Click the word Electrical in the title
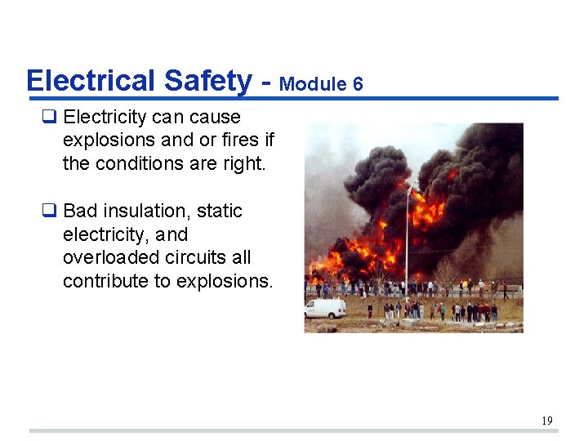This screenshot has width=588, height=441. coord(91,81)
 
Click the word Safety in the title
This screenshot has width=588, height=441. coord(208,81)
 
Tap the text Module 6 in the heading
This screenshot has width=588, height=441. coord(321,84)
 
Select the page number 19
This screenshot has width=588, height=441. coord(546,421)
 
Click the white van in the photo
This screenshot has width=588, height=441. coord(325,308)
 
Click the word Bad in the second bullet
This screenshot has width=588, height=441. coord(79,211)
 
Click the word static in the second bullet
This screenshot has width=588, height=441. coord(220,211)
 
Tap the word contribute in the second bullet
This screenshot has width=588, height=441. coord(102,281)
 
